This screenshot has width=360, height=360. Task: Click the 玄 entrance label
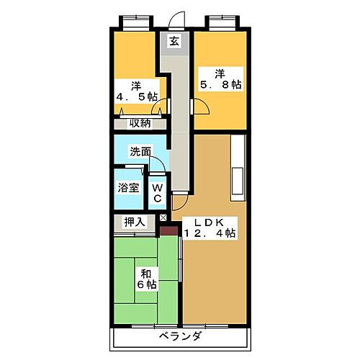(x=174, y=41)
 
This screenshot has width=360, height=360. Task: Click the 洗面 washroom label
(x=140, y=153)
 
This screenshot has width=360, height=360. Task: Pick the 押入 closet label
(x=135, y=222)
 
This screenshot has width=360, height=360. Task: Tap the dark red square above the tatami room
(x=168, y=230)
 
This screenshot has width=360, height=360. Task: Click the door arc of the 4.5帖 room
(x=161, y=107)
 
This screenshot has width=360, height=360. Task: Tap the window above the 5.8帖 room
(x=220, y=19)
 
